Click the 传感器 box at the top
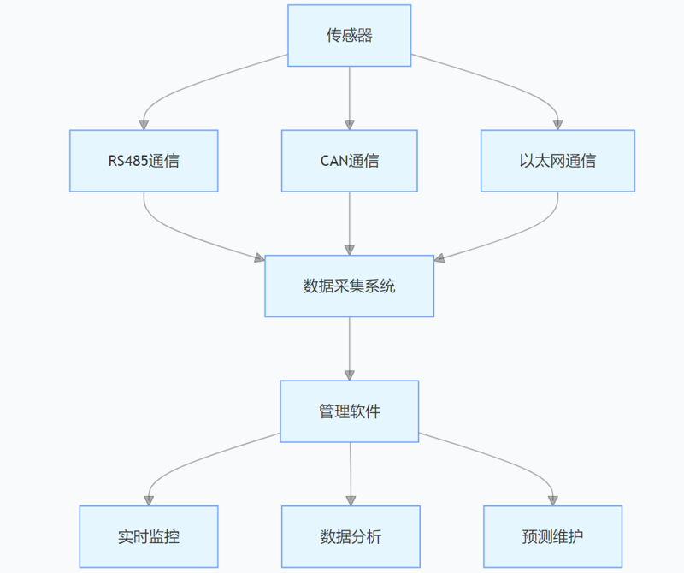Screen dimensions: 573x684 click(x=349, y=35)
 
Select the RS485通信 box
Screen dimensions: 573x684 click(x=144, y=161)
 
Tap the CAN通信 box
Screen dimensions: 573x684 click(x=350, y=161)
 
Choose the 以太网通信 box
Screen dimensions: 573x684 click(x=557, y=161)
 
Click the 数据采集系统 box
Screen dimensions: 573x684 click(x=349, y=286)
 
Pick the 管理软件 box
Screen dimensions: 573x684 click(x=350, y=411)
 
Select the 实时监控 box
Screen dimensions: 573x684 click(x=149, y=537)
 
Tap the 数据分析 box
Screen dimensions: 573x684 click(x=351, y=537)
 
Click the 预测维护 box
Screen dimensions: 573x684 click(x=552, y=537)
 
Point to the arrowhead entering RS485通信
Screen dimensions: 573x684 click(x=144, y=124)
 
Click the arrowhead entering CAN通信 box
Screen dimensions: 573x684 click(x=350, y=124)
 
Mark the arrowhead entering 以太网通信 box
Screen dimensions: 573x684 click(x=557, y=124)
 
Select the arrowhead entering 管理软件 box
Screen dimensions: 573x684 click(x=350, y=375)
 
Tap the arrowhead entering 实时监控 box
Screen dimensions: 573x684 click(x=150, y=499)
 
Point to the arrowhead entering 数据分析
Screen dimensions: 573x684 click(x=351, y=499)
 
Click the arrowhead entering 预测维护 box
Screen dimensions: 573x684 click(x=552, y=499)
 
